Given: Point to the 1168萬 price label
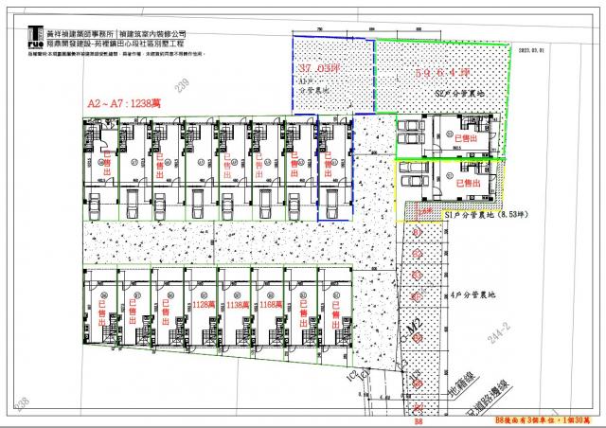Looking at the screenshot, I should (272, 305).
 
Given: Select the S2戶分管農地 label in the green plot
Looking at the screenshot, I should (456, 95).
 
